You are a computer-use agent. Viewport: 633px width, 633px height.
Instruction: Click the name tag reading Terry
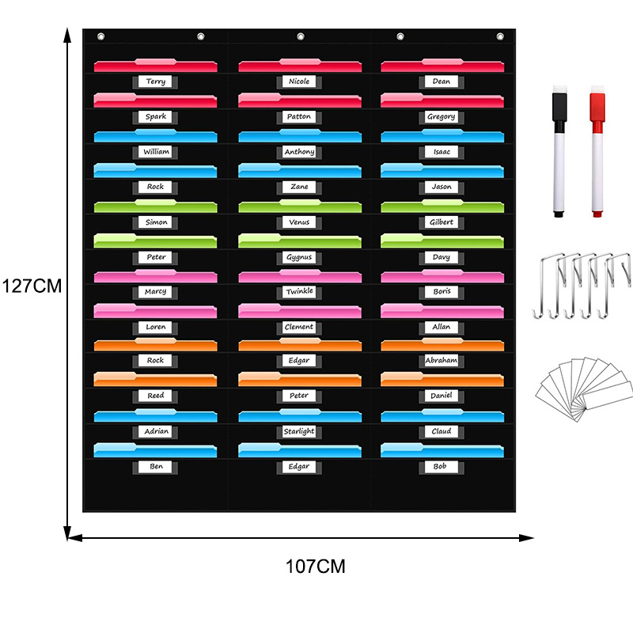tap(157, 81)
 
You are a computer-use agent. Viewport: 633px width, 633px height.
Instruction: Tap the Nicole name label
tap(299, 81)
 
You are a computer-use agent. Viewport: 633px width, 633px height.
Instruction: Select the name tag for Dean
tap(442, 81)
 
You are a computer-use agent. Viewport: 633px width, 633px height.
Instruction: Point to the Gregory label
tap(442, 116)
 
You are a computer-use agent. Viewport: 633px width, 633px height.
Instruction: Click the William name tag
tap(157, 151)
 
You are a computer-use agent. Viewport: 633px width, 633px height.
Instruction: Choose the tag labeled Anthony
tap(299, 151)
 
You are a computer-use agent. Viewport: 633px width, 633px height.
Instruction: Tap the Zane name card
tap(299, 187)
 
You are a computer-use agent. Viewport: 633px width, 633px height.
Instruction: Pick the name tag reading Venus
tap(299, 222)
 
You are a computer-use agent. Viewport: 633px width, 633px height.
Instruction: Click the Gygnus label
tap(299, 257)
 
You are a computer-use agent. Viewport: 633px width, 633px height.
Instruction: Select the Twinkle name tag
tap(299, 291)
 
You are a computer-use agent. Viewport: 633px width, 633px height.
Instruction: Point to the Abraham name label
tap(442, 360)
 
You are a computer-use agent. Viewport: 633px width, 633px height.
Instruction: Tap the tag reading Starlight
tap(299, 431)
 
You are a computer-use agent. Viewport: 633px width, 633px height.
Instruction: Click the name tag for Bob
tap(441, 467)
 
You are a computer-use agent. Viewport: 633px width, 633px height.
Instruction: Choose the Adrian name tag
tap(157, 431)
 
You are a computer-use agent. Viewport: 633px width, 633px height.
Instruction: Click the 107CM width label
tap(316, 567)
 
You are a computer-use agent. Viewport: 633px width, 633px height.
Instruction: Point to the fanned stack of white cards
tap(584, 386)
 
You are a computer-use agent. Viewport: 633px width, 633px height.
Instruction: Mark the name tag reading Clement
tap(299, 326)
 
